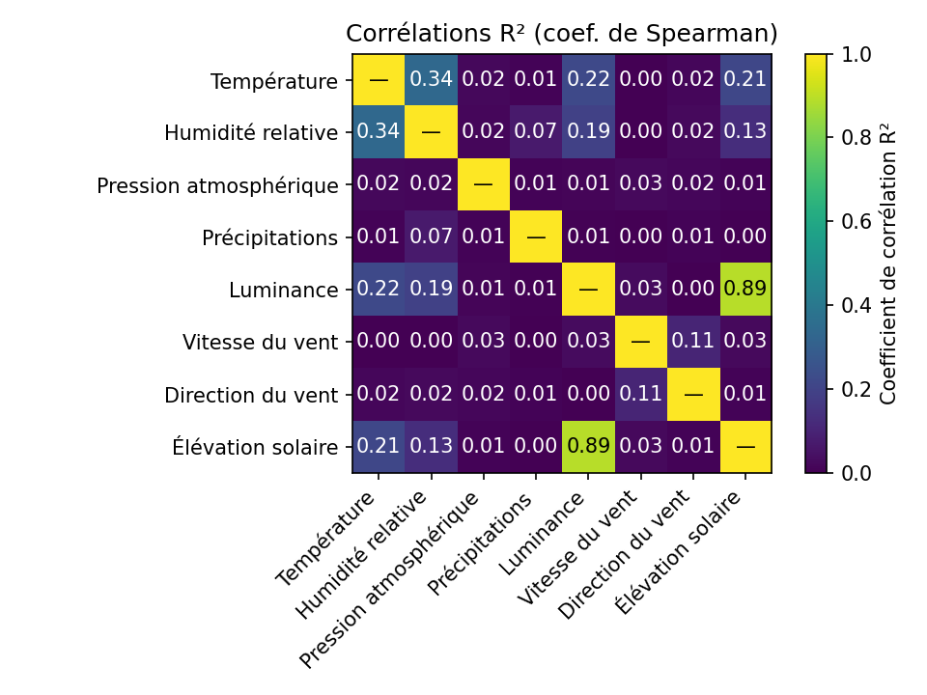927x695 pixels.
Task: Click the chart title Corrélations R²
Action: pyautogui.click(x=562, y=34)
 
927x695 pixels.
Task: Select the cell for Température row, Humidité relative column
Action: pyautogui.click(x=431, y=80)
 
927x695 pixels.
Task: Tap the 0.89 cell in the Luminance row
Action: pyautogui.click(x=744, y=290)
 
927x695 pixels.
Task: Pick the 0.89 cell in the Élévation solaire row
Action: pyautogui.click(x=588, y=447)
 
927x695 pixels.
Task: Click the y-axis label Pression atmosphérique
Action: pyautogui.click(x=217, y=185)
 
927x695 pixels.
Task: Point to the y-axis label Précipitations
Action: pyautogui.click(x=270, y=237)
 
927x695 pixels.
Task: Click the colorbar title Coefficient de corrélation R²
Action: pyautogui.click(x=888, y=264)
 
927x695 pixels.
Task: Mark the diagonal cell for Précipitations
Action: pyautogui.click(x=536, y=237)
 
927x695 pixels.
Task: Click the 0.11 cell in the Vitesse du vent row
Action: pyautogui.click(x=692, y=342)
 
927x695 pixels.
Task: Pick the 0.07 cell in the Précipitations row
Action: pyautogui.click(x=431, y=237)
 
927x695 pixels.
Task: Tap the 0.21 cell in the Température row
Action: pyautogui.click(x=744, y=80)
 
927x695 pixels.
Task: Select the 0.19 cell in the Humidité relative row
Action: pyautogui.click(x=588, y=132)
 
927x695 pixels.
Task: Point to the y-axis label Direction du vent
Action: pyautogui.click(x=251, y=395)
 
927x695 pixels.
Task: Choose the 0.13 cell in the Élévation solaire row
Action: pyautogui.click(x=431, y=447)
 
